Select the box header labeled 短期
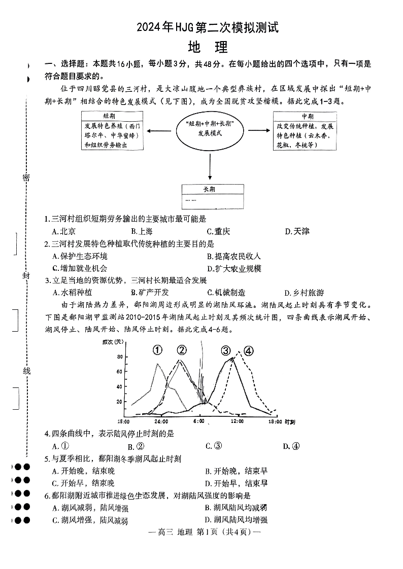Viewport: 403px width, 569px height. click(110, 116)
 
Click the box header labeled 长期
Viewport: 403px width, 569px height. click(210, 189)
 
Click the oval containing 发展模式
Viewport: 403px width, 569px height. click(210, 129)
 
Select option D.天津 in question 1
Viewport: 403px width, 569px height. click(297, 231)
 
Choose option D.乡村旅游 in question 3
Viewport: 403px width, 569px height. click(305, 293)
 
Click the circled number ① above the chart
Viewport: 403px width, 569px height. click(158, 350)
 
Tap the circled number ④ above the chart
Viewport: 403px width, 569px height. click(248, 350)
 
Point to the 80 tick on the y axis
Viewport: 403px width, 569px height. click(120, 357)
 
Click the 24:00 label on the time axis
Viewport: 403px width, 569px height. click(161, 421)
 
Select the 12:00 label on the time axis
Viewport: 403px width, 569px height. click(237, 421)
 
